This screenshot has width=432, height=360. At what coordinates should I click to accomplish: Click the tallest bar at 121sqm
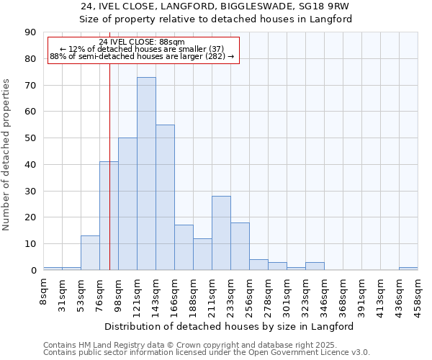146,174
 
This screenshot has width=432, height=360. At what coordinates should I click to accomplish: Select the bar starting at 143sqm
165,197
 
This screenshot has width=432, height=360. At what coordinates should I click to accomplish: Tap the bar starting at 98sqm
127,204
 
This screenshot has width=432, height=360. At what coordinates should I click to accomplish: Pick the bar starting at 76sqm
109,216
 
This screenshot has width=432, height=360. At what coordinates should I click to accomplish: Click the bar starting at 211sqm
221,233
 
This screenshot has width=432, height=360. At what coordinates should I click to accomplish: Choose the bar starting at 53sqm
90,253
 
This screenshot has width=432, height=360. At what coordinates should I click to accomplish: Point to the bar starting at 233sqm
240,246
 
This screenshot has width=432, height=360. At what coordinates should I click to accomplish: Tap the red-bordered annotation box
143,49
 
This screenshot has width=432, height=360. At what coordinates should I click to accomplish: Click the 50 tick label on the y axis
31,138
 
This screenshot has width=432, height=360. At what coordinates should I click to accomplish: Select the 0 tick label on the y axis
34,271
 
